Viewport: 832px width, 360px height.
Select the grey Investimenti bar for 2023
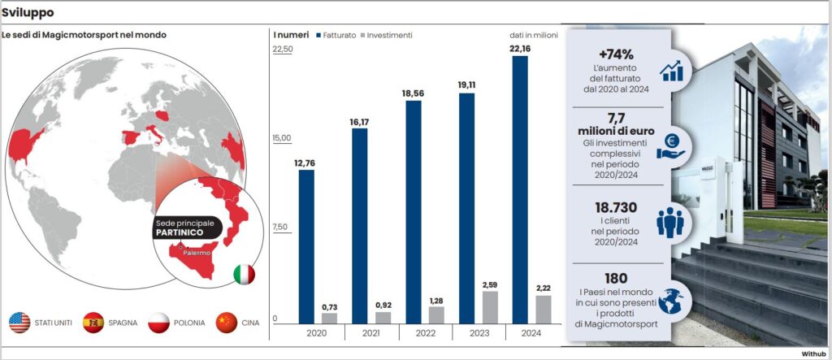coord(490,307)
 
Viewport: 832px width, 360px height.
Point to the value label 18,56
coord(413,93)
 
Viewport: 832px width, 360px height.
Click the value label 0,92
coord(383,305)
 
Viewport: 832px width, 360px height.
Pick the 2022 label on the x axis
coord(425,332)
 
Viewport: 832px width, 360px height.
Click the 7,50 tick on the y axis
coord(281,228)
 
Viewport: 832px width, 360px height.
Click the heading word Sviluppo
coord(28,12)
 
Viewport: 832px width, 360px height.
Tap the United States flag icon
coord(19,323)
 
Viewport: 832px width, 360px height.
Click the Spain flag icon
coord(93,323)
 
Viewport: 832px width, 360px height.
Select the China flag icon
coord(227,323)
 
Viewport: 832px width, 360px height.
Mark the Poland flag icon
coord(159,323)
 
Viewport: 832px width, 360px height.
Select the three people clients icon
coord(670,222)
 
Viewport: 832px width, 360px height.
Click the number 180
coord(616,279)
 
